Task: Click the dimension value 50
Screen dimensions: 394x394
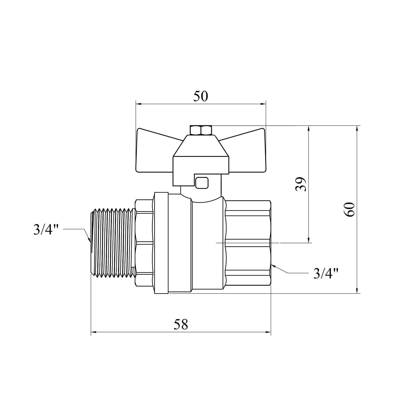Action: coord(201,96)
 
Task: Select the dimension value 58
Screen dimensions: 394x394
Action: coord(181,325)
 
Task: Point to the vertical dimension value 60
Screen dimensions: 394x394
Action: coord(351,209)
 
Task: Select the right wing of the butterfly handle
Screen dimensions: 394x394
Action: coord(247,152)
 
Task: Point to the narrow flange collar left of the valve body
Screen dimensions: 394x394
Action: coord(161,243)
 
